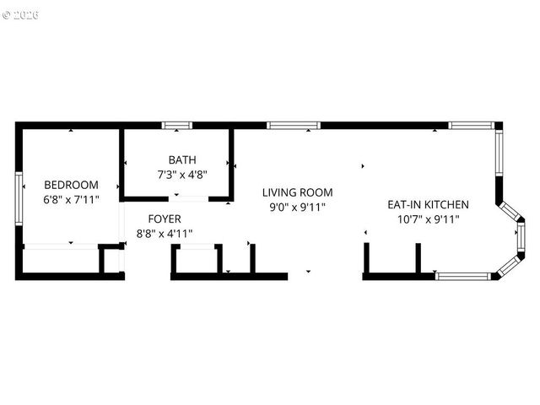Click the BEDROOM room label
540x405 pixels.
pyautogui.click(x=71, y=185)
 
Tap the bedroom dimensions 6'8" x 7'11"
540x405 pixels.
pyautogui.click(x=71, y=200)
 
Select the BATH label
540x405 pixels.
pyautogui.click(x=182, y=159)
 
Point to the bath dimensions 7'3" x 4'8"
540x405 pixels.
pyautogui.click(x=182, y=175)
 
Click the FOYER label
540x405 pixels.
pyautogui.click(x=165, y=219)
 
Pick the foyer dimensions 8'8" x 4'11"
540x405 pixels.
pyautogui.click(x=165, y=234)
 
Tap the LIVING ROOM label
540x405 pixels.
pyautogui.click(x=297, y=192)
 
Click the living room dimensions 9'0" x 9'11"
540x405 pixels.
pyautogui.click(x=297, y=207)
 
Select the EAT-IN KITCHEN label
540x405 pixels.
pyautogui.click(x=428, y=204)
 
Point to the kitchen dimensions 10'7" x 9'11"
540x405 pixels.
pyautogui.click(x=428, y=219)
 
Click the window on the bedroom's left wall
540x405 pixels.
pyautogui.click(x=19, y=200)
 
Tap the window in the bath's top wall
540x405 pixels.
pyautogui.click(x=177, y=126)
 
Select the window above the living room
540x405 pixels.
pyautogui.click(x=294, y=126)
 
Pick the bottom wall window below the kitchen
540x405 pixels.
pyautogui.click(x=462, y=276)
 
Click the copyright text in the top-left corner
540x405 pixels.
pyautogui.click(x=20, y=15)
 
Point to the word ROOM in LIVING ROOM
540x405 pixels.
pyautogui.click(x=316, y=192)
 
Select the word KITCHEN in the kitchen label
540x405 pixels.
pyautogui.click(x=446, y=204)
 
